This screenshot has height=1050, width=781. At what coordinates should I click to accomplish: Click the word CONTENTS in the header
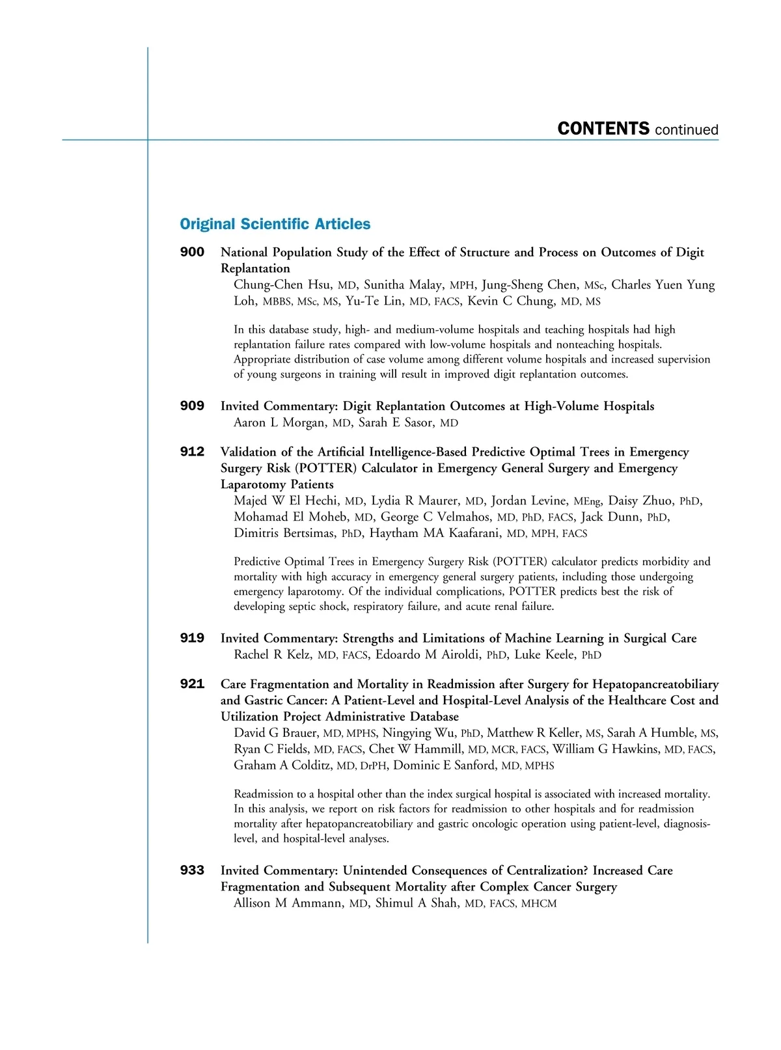coord(603,129)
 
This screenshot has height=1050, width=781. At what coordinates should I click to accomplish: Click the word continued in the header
coord(687,130)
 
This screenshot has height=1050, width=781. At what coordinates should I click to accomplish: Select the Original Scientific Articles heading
coord(275,224)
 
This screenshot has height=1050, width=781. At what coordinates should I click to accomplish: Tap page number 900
coord(192,252)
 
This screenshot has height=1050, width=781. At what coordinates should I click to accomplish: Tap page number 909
coord(192,406)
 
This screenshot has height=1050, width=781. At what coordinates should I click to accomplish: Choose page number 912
coord(192,452)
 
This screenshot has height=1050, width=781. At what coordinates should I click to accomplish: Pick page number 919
coord(192,639)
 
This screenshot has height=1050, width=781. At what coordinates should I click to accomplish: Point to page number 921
coord(192,684)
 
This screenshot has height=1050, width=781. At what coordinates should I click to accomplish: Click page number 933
coord(192,870)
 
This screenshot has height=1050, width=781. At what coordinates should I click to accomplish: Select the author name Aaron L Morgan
coord(280,423)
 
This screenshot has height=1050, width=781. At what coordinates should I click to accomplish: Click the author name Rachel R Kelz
coord(273,655)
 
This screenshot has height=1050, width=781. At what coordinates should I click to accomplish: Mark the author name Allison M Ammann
coord(288,904)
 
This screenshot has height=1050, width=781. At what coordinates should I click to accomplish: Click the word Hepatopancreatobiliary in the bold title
coord(655,684)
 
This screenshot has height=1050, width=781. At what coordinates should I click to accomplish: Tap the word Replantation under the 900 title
coord(255,269)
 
